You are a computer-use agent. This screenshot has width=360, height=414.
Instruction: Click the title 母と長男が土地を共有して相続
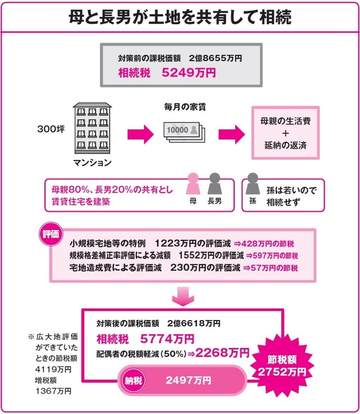pyautogui.click(x=180, y=17)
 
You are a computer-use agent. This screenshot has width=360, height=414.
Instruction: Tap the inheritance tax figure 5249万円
pyautogui.click(x=188, y=73)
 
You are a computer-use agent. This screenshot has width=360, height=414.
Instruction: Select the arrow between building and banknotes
pyautogui.click(x=139, y=134)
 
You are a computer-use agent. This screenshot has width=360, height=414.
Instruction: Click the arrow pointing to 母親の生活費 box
pyautogui.click(x=232, y=134)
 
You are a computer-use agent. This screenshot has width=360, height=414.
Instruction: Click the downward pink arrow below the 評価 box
pyautogui.click(x=182, y=297)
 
